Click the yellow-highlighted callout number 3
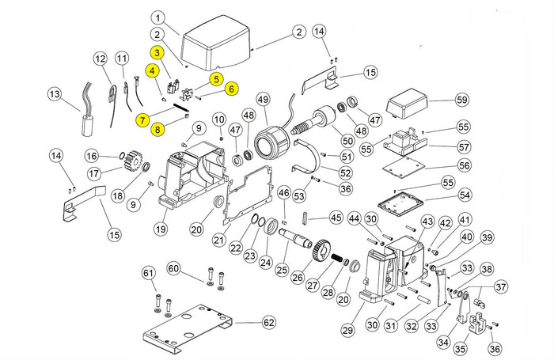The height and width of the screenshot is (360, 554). point(157,53)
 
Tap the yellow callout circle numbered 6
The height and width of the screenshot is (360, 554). point(231,89)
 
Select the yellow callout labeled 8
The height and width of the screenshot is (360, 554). point(157,129)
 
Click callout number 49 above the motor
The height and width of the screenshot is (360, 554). point(263,99)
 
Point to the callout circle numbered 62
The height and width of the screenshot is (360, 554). point(269,323)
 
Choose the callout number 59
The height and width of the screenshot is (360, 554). point(461,100)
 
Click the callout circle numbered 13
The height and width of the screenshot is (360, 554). point(55,94)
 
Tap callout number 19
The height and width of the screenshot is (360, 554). point(161,229)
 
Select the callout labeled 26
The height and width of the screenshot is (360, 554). point(298,277)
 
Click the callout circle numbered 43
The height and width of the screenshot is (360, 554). point(427,221)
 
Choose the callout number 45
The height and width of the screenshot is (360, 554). point(336,218)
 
